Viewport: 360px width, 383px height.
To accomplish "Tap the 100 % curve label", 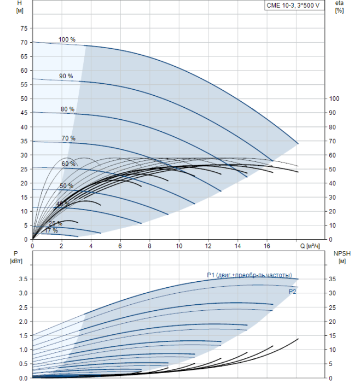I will [67, 39].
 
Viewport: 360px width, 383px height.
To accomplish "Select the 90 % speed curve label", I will [66, 76].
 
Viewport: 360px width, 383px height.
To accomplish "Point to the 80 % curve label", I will [67, 109].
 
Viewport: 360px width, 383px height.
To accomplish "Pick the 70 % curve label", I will [68, 138].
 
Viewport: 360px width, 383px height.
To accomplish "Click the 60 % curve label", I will [68, 164].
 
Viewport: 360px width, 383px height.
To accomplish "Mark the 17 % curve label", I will [51, 230].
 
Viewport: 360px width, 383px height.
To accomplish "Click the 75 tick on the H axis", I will [23, 28].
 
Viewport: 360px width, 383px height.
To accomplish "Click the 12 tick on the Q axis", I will [208, 246].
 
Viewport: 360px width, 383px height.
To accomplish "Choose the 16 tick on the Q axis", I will [267, 246].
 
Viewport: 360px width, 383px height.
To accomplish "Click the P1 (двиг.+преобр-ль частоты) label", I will [249, 275].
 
